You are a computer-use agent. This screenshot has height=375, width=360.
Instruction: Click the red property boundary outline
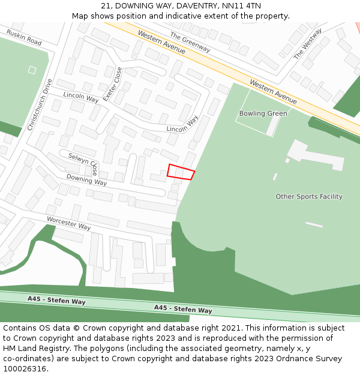point(181,172)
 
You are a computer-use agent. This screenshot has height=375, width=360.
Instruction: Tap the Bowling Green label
point(263,113)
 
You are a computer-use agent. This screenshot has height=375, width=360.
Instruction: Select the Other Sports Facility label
point(309,197)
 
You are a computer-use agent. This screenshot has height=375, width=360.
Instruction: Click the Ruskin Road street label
point(24,38)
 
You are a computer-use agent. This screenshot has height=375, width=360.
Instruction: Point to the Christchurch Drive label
point(40,105)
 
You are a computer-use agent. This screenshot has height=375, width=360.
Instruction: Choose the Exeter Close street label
point(112,84)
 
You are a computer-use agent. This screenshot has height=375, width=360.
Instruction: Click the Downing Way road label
point(86,179)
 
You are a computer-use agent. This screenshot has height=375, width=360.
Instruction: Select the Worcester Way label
point(68,223)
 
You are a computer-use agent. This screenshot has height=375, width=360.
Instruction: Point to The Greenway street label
point(190,43)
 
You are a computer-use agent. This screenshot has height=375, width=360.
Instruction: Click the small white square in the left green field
point(32,70)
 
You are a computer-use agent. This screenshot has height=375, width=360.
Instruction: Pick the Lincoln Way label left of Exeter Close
point(81,97)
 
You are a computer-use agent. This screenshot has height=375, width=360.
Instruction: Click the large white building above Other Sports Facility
point(315,155)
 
